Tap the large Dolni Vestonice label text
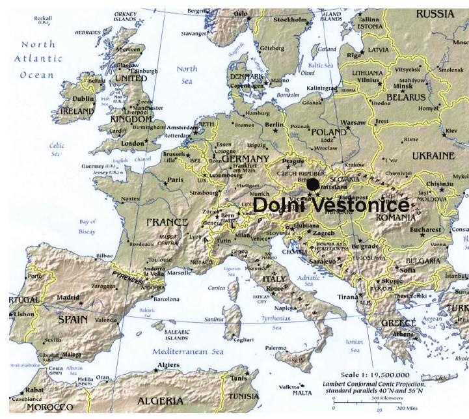(x=330, y=205)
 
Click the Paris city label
(x=175, y=180)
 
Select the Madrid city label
(x=68, y=297)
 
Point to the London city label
(x=132, y=143)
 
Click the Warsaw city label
(x=354, y=122)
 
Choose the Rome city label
(x=275, y=288)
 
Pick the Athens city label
(x=403, y=334)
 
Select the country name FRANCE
(x=167, y=222)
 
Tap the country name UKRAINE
(x=433, y=156)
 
